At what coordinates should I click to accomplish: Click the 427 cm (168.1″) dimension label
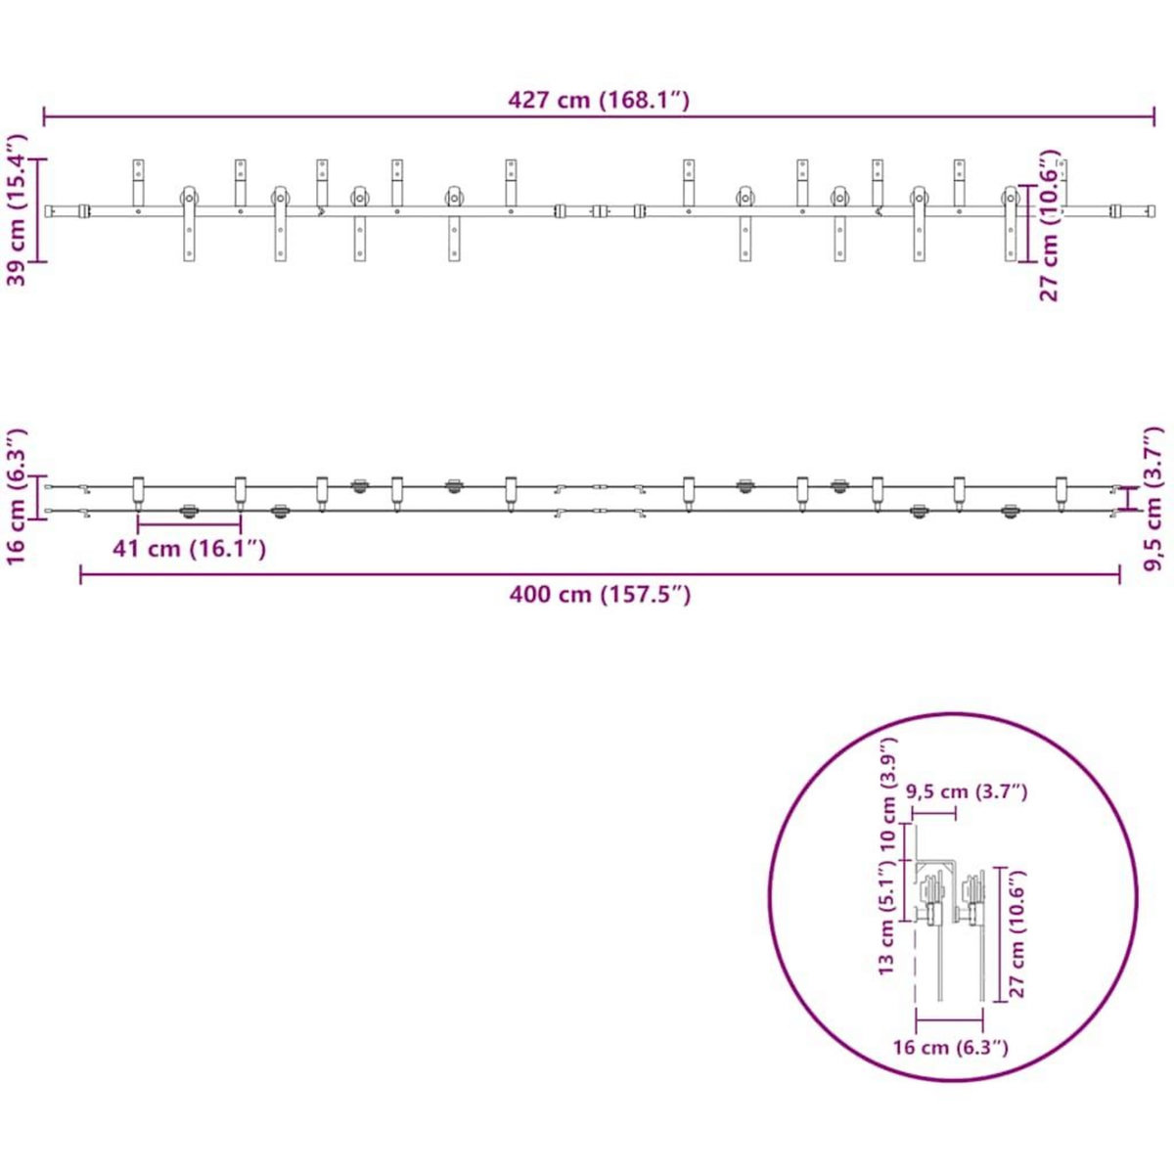(x=599, y=100)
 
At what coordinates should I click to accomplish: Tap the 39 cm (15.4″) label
(x=18, y=210)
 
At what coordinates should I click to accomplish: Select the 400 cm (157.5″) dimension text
(x=600, y=594)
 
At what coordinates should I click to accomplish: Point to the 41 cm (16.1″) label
(x=189, y=549)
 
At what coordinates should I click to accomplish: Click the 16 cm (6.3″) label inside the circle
(x=950, y=1047)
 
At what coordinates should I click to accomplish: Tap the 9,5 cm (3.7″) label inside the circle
(x=967, y=791)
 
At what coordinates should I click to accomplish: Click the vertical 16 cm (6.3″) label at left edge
(x=18, y=497)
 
